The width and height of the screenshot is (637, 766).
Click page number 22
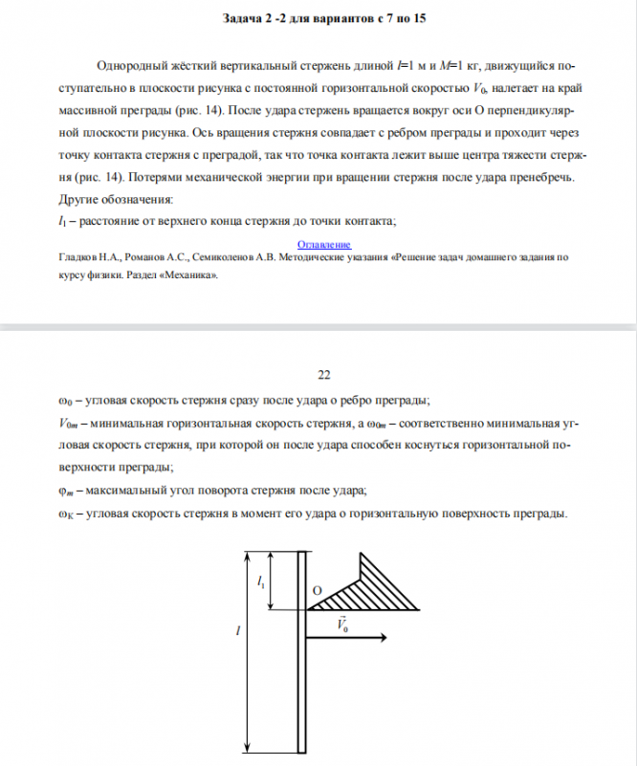322,373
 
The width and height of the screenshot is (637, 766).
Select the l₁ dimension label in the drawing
262,580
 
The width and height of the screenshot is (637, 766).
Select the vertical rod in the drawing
300,650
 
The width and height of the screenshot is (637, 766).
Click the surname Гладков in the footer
68,258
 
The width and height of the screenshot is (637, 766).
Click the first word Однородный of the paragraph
135,66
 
